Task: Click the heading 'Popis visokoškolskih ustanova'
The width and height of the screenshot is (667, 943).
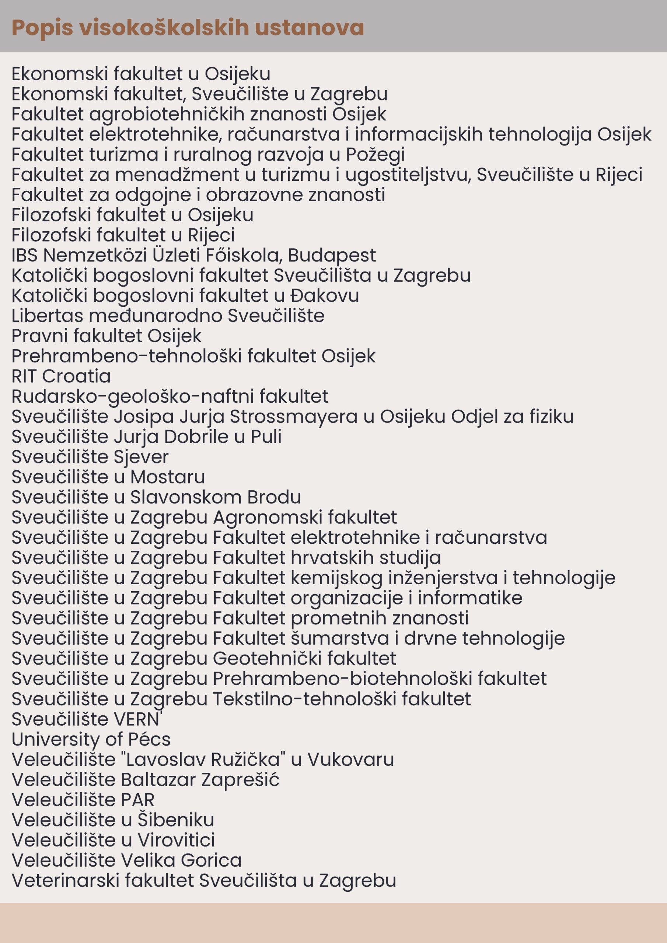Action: [188, 28]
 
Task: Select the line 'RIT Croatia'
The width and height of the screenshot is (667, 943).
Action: [61, 376]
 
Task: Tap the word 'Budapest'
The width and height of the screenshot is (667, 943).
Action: [332, 256]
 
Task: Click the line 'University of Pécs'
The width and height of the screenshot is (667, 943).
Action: [91, 739]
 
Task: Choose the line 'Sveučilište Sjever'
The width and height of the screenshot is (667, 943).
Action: [90, 457]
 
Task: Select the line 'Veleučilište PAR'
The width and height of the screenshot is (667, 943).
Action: [83, 800]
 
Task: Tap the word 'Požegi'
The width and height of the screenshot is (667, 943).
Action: [375, 155]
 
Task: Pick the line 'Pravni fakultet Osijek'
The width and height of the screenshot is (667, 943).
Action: [106, 336]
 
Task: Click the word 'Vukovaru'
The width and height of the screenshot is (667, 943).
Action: [350, 760]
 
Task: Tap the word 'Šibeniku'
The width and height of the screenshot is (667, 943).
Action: [175, 820]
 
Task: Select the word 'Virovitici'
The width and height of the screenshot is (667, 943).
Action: [176, 840]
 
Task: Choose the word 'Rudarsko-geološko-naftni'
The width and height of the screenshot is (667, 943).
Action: [132, 397]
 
